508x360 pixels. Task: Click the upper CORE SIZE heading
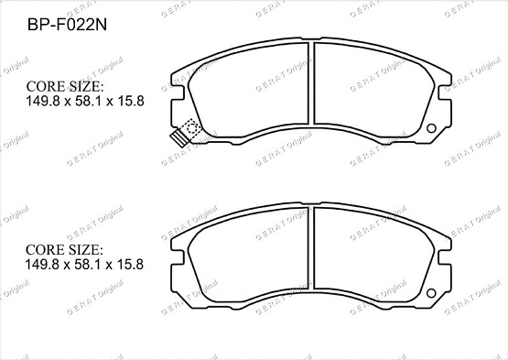pos(65,86)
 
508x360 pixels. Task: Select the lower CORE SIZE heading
pos(65,249)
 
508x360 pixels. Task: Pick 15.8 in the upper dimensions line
pos(131,101)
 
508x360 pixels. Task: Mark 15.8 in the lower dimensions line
pos(131,264)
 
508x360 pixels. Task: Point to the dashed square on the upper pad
pos(190,128)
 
